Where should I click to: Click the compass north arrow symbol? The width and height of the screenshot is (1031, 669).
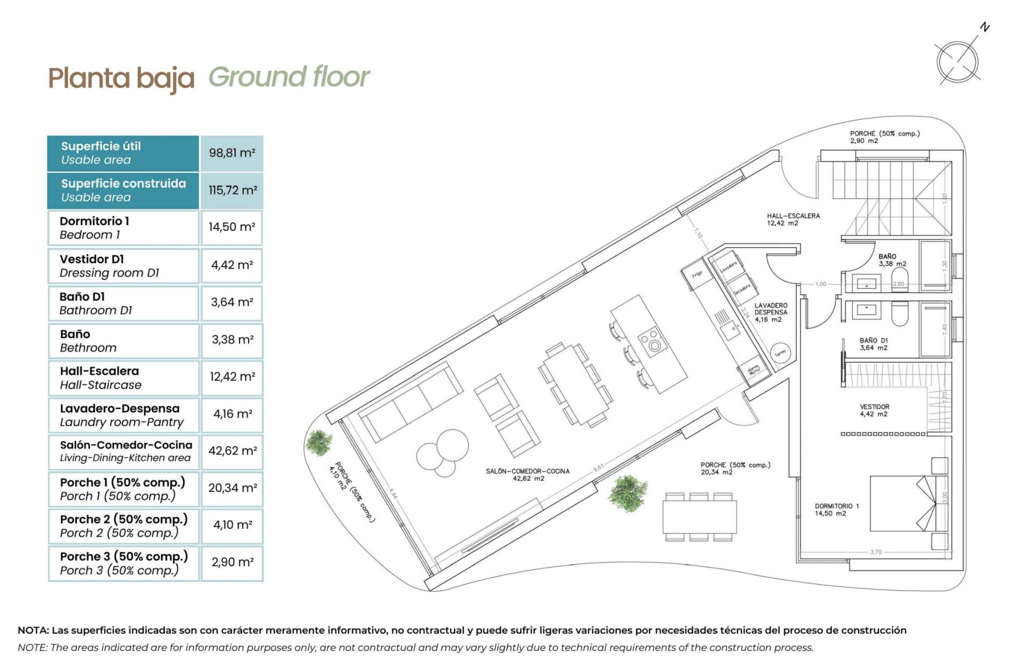click(x=957, y=62)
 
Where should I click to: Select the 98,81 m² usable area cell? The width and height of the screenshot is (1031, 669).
click(x=231, y=153)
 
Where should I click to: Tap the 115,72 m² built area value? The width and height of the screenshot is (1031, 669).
click(x=232, y=190)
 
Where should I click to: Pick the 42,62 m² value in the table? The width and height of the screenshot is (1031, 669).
click(x=232, y=450)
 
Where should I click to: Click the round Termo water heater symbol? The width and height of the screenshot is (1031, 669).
click(x=780, y=352)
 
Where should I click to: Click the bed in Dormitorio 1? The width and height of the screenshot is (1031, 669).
click(x=907, y=503)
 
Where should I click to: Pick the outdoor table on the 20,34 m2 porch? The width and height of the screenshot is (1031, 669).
click(x=699, y=516)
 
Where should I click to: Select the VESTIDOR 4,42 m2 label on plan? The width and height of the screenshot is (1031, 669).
click(x=874, y=410)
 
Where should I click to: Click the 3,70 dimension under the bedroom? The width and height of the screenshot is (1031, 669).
click(x=875, y=551)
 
